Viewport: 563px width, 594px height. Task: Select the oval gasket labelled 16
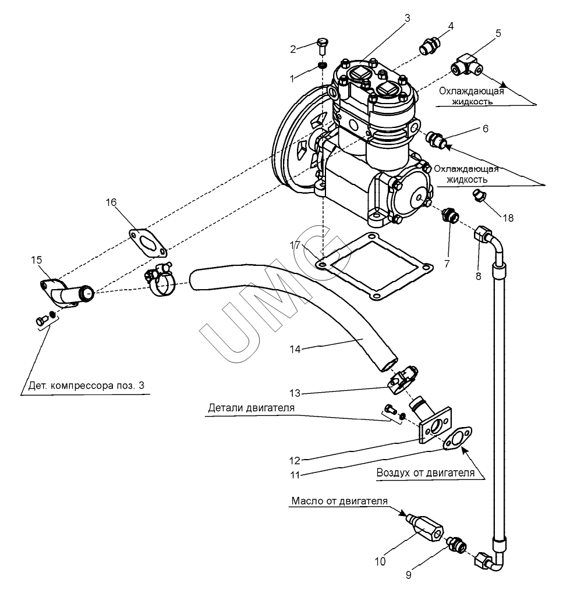(148, 242)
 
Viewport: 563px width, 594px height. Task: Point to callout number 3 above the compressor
(407, 17)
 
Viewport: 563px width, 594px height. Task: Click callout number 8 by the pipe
(477, 276)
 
